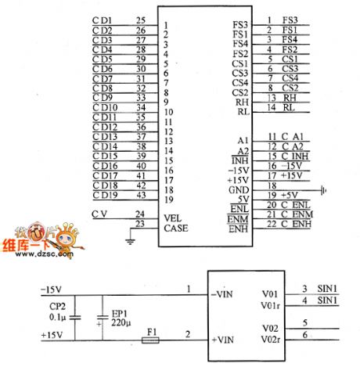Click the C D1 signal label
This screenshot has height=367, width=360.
(x=102, y=20)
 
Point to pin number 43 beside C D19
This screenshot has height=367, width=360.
(x=140, y=194)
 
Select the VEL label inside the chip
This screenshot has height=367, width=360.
(x=172, y=217)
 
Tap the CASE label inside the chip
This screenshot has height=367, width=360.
(x=175, y=228)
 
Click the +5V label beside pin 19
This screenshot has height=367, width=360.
(x=291, y=195)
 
